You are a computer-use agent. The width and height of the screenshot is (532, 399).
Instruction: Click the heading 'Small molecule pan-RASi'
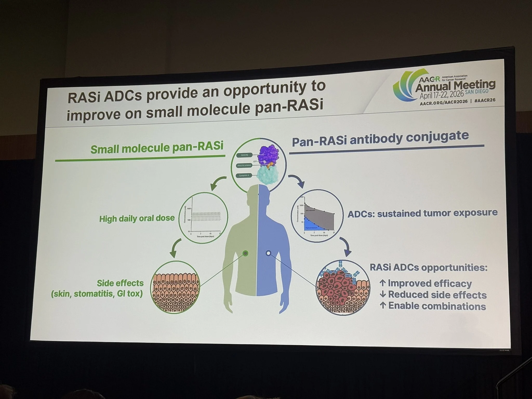(x=157, y=147)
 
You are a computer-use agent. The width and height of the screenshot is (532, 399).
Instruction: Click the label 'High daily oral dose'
(x=137, y=218)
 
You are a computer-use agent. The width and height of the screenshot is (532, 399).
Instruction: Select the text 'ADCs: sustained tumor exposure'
(x=422, y=213)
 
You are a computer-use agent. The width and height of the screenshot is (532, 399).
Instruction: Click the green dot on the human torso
(x=245, y=253)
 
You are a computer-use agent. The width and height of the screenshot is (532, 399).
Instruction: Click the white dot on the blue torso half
(x=269, y=253)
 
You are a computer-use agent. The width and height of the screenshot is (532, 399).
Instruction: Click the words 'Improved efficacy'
(x=430, y=283)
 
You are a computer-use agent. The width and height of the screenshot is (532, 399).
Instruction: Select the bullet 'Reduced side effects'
(x=437, y=295)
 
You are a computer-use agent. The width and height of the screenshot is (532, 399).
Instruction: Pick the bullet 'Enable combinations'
(x=437, y=306)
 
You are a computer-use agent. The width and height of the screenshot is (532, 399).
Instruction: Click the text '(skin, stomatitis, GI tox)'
(x=97, y=294)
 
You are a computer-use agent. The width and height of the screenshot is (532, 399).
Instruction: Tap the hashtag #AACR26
(x=484, y=100)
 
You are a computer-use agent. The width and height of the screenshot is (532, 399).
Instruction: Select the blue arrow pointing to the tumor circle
(x=346, y=247)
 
